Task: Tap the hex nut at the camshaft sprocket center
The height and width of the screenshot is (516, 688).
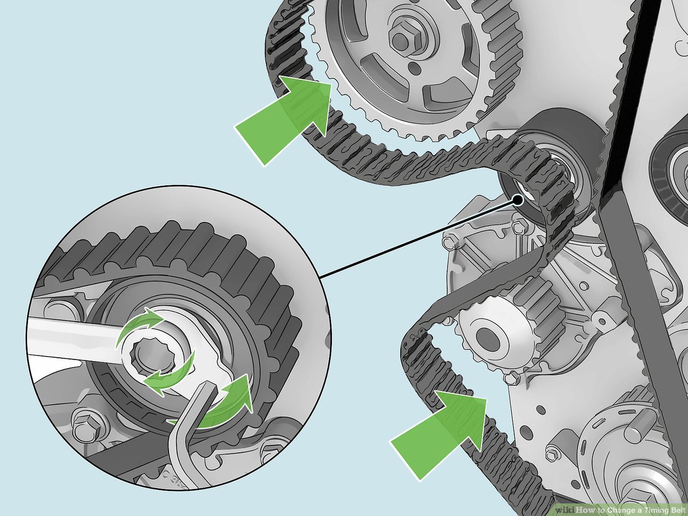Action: [401, 38]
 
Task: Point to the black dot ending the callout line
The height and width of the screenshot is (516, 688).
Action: [518, 200]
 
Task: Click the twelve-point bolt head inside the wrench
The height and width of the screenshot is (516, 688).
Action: [151, 351]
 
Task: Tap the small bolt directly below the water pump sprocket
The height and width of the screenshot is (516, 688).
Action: [509, 378]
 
